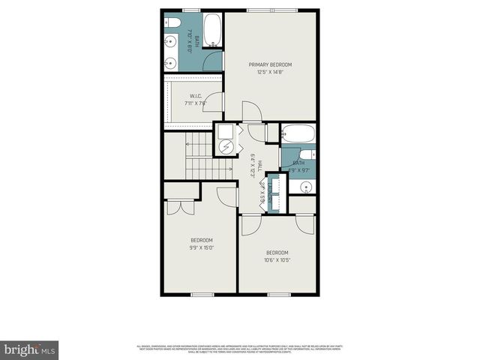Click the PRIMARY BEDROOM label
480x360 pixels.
[x=271, y=65]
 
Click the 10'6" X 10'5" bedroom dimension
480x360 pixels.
[x=277, y=260]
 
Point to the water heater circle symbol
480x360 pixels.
[x=225, y=145]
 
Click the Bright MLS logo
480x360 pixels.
[x=29, y=349]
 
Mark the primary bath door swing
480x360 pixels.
[x=214, y=61]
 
